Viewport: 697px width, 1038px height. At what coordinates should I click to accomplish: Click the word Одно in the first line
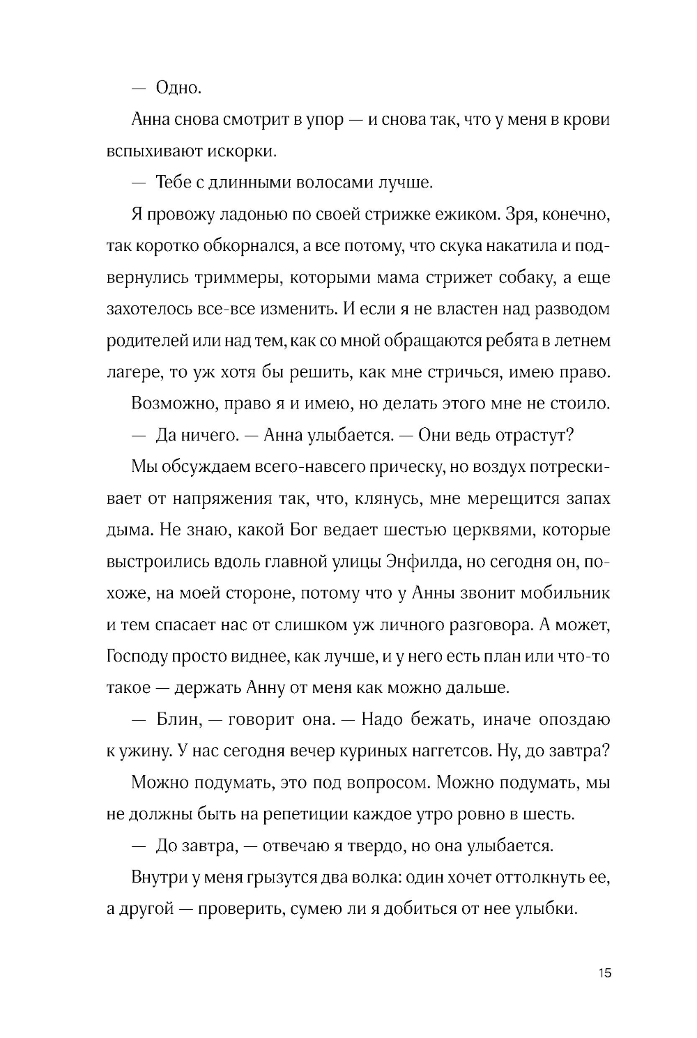178,88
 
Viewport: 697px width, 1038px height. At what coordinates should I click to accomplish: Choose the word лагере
133,372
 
